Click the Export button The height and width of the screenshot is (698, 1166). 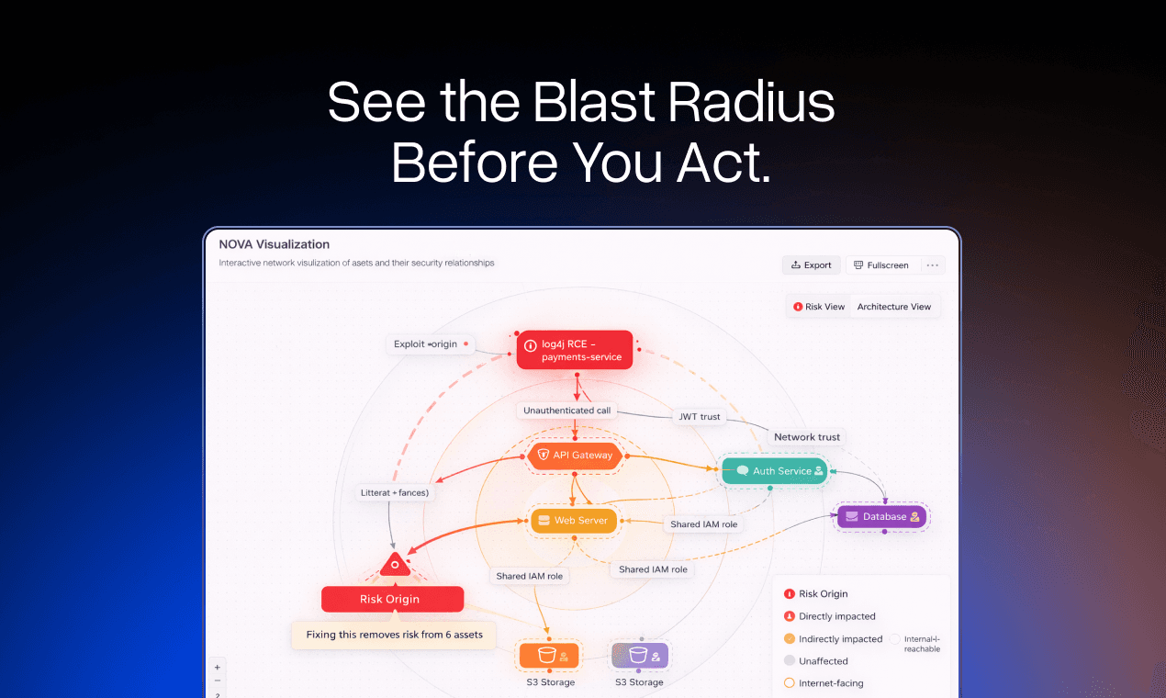[811, 265]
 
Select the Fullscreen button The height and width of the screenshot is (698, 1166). [880, 265]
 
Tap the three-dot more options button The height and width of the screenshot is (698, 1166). [932, 265]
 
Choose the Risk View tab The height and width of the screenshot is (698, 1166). [819, 307]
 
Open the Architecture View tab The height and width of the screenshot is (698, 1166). [893, 307]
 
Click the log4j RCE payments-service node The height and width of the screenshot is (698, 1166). [575, 350]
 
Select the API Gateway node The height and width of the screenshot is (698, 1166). [575, 456]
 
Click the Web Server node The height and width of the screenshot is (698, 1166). [574, 521]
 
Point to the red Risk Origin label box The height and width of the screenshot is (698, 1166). [392, 600]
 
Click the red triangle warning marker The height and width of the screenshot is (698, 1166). [395, 565]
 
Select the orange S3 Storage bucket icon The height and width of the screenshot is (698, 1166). [549, 656]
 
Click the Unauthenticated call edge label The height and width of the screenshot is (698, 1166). [566, 411]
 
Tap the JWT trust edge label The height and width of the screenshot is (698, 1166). [699, 417]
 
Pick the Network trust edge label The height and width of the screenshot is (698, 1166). [806, 437]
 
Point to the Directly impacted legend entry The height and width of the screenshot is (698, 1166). [836, 616]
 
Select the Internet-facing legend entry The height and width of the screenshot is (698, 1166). [830, 683]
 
